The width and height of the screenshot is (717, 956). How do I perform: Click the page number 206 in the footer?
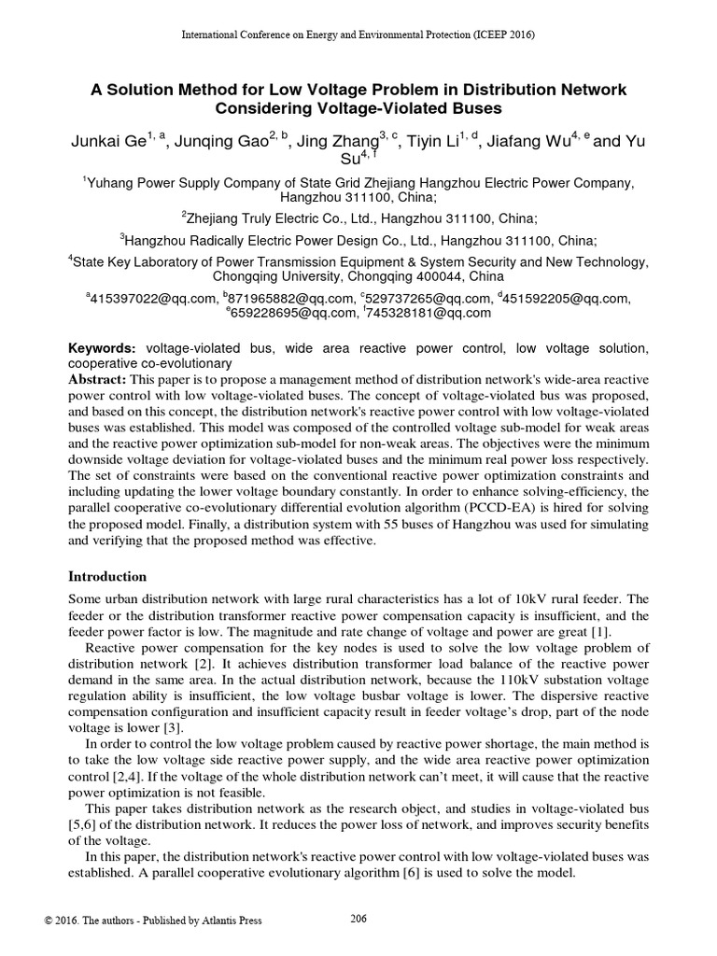358,919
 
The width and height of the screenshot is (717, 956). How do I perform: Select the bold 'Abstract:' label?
100,379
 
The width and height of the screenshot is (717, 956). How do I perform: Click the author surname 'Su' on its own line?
350,160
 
